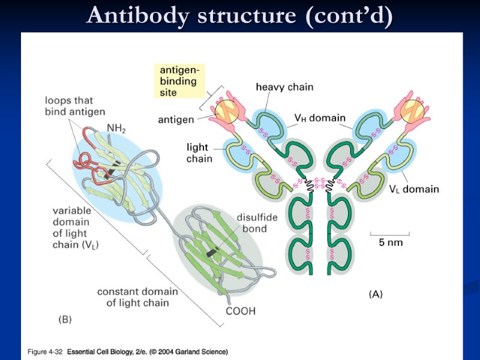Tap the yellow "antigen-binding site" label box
point(179,82)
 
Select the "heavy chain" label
point(284,87)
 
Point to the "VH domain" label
point(319,118)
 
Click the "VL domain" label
point(414,189)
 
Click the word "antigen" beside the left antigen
point(176,119)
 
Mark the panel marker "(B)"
point(64,320)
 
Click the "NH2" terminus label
point(115,128)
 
